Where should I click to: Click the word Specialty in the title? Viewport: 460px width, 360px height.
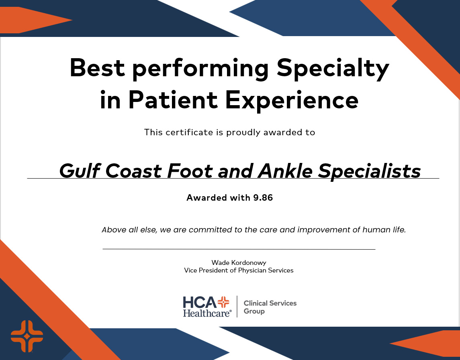click(333, 68)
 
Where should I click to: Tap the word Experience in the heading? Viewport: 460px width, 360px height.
click(292, 100)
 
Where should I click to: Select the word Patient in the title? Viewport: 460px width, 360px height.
click(173, 100)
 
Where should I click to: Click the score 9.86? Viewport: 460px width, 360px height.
click(263, 197)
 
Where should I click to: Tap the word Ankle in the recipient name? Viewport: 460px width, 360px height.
click(285, 171)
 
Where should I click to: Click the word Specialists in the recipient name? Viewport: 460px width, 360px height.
click(369, 172)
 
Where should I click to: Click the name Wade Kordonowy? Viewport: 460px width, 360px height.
click(239, 262)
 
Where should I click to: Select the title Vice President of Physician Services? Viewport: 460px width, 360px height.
click(239, 271)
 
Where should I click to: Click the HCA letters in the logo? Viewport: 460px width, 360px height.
click(200, 302)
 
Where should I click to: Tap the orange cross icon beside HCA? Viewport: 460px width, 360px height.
click(223, 302)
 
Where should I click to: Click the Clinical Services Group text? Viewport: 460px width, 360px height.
click(270, 307)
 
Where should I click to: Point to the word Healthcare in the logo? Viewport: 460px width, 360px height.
click(207, 313)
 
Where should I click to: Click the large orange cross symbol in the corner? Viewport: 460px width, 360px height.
click(27, 336)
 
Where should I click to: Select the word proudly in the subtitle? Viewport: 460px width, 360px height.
click(244, 132)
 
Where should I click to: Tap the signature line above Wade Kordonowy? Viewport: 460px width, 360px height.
click(239, 249)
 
